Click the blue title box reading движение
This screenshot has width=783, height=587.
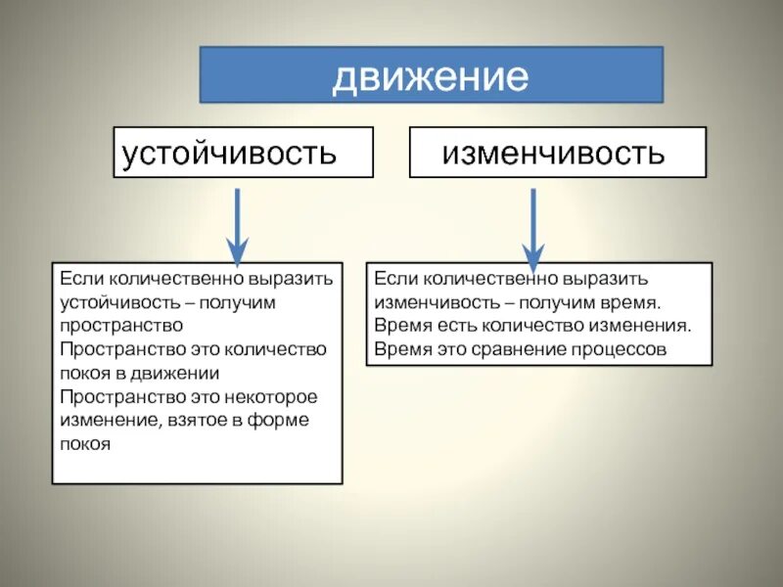(431, 75)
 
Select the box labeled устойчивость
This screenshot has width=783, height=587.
(243, 153)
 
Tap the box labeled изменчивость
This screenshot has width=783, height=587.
(557, 153)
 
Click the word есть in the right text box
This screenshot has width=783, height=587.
(452, 326)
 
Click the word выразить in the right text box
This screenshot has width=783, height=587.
(613, 279)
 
